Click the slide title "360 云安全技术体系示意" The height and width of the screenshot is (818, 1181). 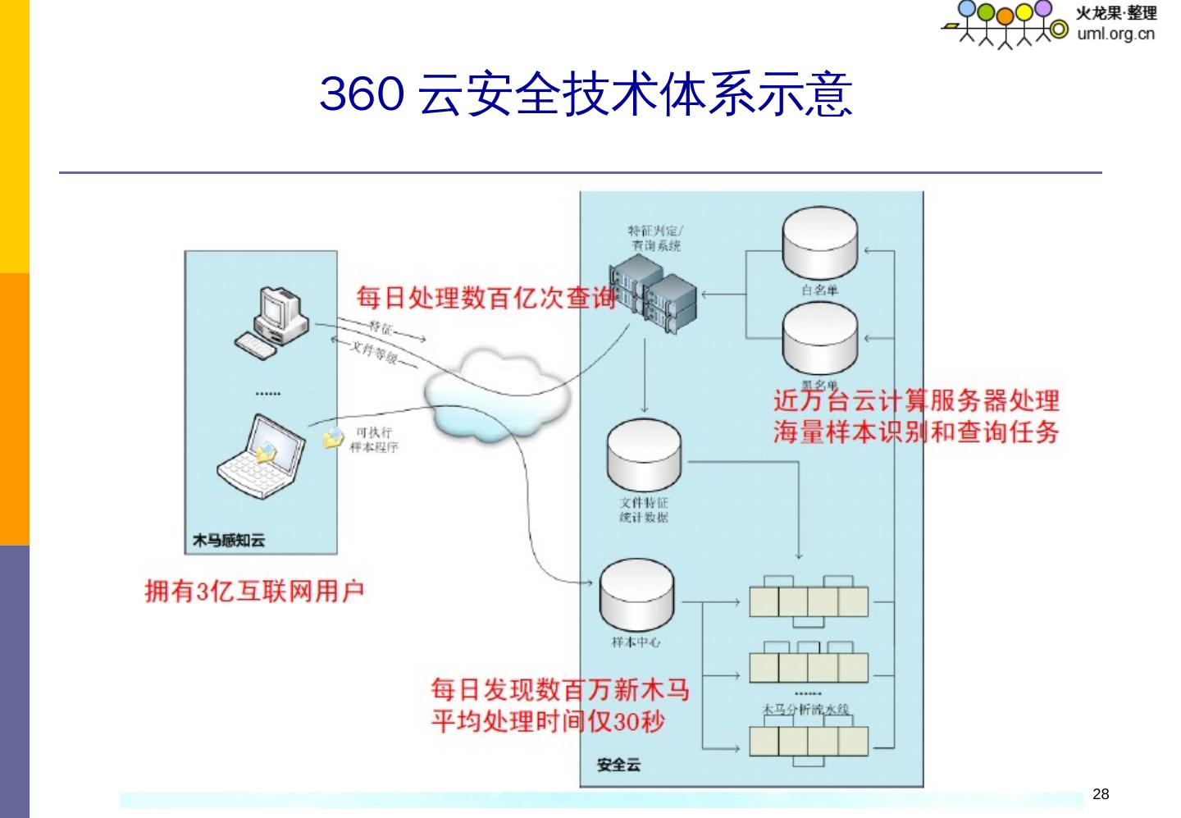click(586, 94)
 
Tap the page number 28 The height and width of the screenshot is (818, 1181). click(1101, 793)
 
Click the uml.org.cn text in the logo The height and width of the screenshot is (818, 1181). click(1116, 34)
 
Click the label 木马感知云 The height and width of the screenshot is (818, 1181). click(229, 541)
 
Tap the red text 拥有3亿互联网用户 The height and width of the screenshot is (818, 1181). click(254, 591)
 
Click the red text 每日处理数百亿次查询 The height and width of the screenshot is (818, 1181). click(486, 297)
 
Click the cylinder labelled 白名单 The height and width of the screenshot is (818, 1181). click(820, 246)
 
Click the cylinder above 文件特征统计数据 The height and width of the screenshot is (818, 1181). click(644, 455)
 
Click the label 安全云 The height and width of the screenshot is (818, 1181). click(618, 765)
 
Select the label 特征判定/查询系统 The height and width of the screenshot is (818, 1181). click(655, 239)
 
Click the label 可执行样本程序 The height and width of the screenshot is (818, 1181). click(374, 440)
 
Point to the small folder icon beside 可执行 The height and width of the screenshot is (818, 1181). click(333, 438)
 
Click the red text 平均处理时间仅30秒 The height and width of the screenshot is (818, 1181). click(548, 721)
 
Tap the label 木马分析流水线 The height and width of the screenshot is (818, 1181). click(805, 709)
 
